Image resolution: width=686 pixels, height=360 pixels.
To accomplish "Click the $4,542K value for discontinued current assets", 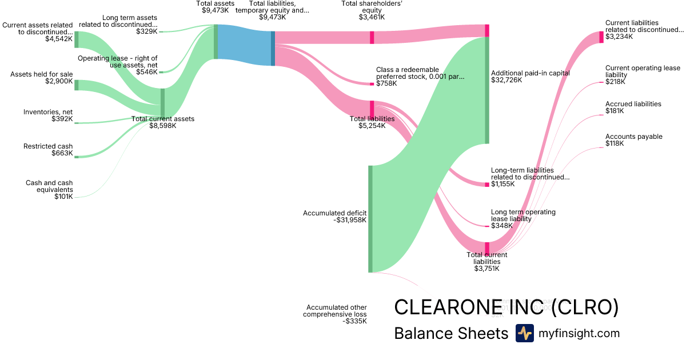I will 59,39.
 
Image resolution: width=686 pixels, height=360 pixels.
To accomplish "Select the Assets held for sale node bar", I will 76,85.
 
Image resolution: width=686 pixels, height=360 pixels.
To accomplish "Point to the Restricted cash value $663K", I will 62,153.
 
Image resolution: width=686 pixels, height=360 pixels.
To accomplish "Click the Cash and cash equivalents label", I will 49,186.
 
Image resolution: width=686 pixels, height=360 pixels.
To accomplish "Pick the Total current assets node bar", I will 162,103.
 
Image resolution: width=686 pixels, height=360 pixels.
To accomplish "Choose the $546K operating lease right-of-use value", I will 146,72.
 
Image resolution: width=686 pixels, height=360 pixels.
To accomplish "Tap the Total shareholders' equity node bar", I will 372,37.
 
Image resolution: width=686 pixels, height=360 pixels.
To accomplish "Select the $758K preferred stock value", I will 386,83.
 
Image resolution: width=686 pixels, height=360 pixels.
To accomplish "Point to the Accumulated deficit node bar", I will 370,219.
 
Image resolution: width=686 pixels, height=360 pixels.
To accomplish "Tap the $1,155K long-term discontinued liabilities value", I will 502,184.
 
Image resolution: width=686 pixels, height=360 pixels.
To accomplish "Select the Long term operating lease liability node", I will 487,226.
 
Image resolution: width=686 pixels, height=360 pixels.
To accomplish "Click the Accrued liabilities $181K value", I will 615,111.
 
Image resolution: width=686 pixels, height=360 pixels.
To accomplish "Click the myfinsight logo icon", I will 524,333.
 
